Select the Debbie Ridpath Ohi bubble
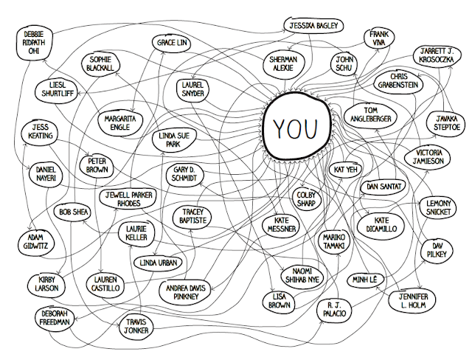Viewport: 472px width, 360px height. click(x=33, y=43)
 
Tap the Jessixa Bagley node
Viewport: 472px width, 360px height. click(x=313, y=26)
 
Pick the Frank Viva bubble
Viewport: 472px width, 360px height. click(x=378, y=38)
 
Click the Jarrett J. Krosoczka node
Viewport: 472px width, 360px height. click(x=437, y=55)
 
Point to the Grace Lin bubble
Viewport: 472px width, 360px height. click(x=172, y=43)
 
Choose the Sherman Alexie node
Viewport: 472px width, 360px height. click(x=283, y=64)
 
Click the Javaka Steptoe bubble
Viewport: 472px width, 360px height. click(x=447, y=122)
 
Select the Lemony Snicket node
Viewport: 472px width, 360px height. click(x=438, y=207)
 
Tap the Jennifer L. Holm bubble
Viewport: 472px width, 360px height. click(x=413, y=301)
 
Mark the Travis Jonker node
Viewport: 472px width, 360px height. click(x=136, y=326)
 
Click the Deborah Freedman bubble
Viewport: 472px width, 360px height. click(x=55, y=318)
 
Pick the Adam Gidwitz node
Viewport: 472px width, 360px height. click(x=35, y=242)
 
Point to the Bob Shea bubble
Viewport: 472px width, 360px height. click(x=74, y=212)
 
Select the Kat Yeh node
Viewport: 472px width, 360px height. click(x=346, y=170)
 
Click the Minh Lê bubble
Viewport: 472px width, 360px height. click(x=365, y=280)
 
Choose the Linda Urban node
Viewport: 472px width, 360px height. click(x=158, y=263)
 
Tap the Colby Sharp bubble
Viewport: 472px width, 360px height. click(x=306, y=199)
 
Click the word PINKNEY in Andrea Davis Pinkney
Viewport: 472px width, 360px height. click(x=187, y=297)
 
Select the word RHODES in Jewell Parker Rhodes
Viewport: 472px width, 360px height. click(x=129, y=204)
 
